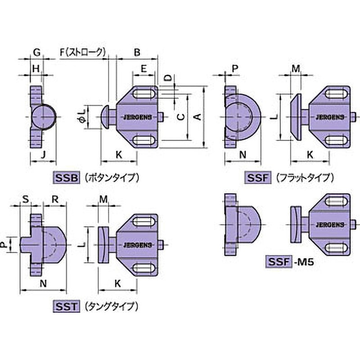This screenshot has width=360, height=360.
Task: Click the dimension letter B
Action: point(137,52)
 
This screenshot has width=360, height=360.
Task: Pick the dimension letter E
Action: point(144,68)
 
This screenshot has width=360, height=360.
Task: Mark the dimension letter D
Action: point(167,77)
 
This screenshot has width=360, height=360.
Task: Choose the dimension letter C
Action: point(180,117)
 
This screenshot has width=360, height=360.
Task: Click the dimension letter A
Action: point(197,117)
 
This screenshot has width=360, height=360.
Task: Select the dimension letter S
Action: point(25,198)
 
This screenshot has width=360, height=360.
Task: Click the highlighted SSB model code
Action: point(67,177)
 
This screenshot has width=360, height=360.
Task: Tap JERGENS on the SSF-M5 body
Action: point(330,224)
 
